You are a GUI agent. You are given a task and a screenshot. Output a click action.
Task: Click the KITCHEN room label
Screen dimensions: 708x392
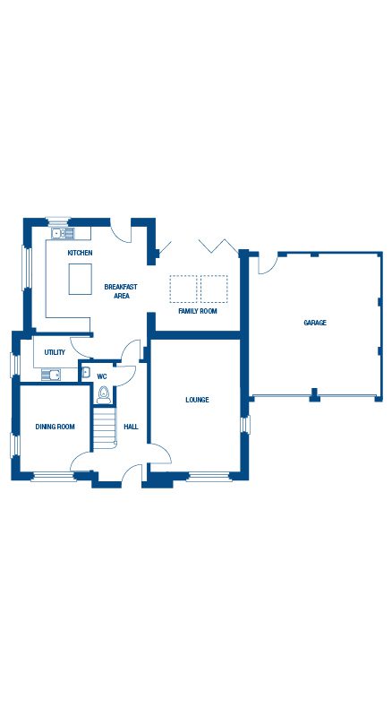(80, 254)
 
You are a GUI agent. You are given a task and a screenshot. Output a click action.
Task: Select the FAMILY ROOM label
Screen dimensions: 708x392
(197, 311)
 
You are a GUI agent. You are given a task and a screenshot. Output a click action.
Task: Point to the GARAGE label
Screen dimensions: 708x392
(314, 323)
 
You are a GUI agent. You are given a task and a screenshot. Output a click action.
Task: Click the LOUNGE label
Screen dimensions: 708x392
(197, 400)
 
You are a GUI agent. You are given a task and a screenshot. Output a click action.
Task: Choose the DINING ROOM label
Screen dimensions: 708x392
(55, 427)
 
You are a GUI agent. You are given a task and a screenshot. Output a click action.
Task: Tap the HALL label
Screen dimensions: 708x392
(131, 427)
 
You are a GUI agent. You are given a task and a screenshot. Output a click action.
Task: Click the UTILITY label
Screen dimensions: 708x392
(55, 352)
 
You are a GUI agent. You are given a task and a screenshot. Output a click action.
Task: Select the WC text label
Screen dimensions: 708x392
(102, 376)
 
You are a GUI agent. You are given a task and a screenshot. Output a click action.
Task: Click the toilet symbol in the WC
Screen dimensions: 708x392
(102, 393)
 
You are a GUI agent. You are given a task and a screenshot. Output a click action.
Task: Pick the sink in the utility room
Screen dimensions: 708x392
(52, 375)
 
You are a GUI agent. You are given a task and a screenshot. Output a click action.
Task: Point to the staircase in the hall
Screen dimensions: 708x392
(105, 427)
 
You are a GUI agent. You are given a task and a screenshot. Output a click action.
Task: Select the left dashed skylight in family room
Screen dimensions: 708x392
(183, 289)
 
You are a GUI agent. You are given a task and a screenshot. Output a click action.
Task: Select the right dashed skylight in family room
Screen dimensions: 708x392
(214, 289)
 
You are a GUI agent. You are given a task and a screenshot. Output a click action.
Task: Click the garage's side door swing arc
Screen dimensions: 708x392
(268, 263)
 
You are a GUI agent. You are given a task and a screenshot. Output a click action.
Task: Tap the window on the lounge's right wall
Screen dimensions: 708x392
(244, 424)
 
